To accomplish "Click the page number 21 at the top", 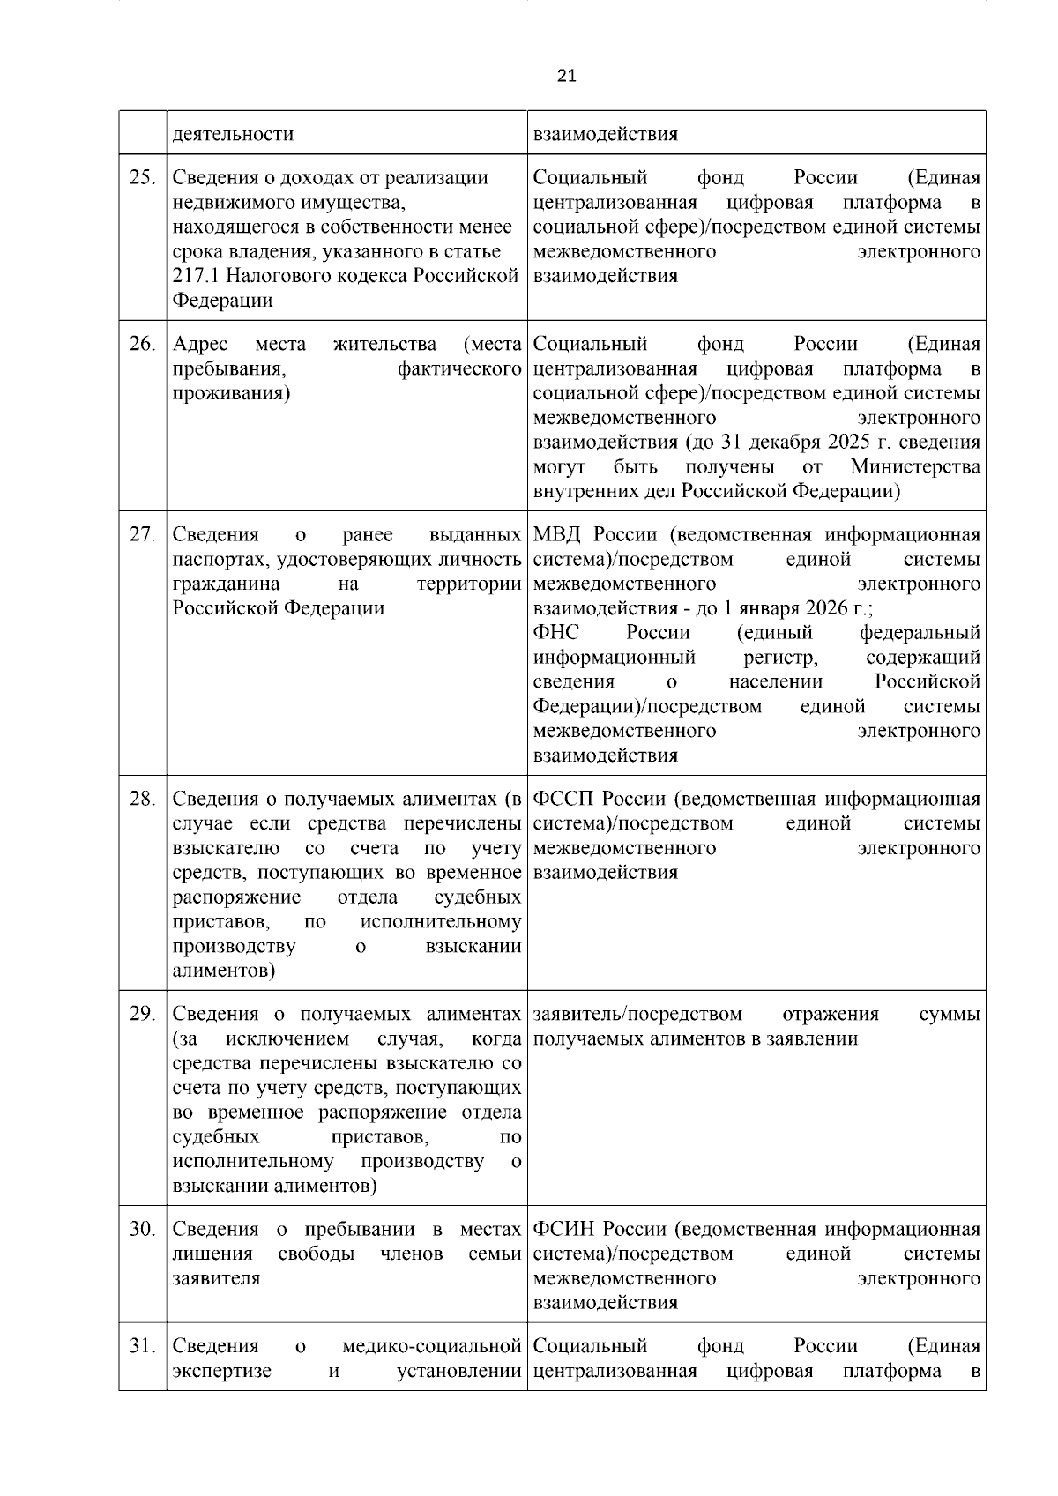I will [567, 76].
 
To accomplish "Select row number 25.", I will [142, 178].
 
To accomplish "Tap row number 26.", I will [142, 344].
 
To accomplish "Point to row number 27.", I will [142, 535].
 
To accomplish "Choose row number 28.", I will [142, 800].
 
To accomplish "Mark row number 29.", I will [142, 1014].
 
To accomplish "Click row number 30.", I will [142, 1229].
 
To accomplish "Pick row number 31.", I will [142, 1346].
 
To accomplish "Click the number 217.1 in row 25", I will [196, 276].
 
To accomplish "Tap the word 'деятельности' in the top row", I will [233, 134].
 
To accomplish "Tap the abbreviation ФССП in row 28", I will [564, 800].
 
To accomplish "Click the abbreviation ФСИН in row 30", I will [564, 1229].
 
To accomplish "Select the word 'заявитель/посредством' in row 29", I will [637, 1014].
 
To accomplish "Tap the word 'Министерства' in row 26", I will [914, 466].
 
